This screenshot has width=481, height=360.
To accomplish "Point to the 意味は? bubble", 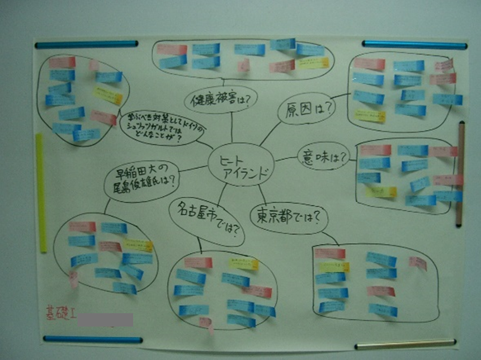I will (x=323, y=156).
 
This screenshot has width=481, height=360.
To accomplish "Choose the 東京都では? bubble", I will (x=289, y=215).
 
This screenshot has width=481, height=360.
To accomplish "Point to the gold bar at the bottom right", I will (x=405, y=344).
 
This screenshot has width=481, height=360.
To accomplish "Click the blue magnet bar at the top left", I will (x=86, y=44).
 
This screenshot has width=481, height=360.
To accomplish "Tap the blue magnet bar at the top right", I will (x=414, y=44).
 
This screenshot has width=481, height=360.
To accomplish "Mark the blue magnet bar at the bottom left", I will (x=93, y=340).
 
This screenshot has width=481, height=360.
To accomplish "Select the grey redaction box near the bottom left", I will (x=106, y=320).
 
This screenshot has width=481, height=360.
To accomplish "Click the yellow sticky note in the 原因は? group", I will (x=370, y=116).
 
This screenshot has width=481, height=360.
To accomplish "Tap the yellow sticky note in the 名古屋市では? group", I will (x=244, y=263).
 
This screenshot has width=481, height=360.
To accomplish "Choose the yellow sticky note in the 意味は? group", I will (x=380, y=192).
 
